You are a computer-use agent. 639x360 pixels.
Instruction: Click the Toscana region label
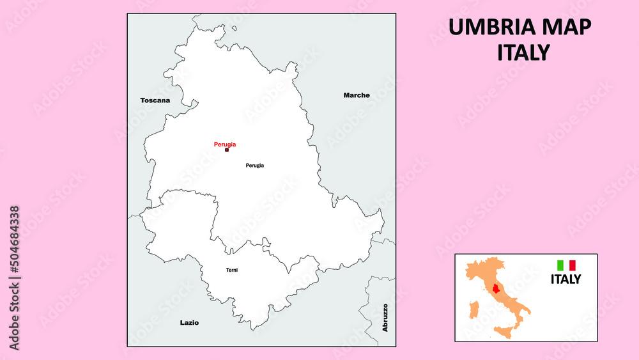pyautogui.click(x=155, y=100)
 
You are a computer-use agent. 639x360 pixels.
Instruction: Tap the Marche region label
pyautogui.click(x=357, y=95)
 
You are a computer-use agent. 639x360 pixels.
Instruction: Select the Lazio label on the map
pyautogui.click(x=189, y=323)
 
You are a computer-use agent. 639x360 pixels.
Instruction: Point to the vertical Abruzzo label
pyautogui.click(x=385, y=318)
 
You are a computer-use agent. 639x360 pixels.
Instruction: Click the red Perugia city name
pyautogui.click(x=225, y=145)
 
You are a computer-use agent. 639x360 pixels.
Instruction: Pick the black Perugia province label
pyautogui.click(x=254, y=166)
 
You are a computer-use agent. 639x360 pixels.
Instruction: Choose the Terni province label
pyautogui.click(x=232, y=270)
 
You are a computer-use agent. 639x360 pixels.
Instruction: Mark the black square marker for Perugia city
pyautogui.click(x=227, y=150)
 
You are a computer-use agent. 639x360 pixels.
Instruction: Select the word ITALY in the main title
pyautogui.click(x=523, y=52)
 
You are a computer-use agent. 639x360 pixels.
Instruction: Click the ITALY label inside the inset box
pyautogui.click(x=566, y=279)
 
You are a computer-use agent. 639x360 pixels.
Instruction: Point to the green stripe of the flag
pyautogui.click(x=560, y=265)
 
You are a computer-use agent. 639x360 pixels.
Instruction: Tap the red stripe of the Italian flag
pyautogui.click(x=573, y=265)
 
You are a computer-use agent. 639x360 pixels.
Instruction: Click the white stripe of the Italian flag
pyautogui.click(x=566, y=265)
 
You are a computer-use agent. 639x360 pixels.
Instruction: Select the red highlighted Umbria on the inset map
pyautogui.click(x=497, y=288)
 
